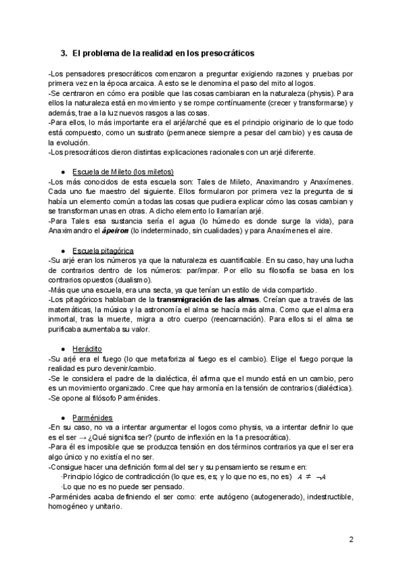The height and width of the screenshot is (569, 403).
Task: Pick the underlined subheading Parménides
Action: [x=90, y=417]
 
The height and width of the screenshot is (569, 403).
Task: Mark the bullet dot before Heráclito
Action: [x=62, y=349]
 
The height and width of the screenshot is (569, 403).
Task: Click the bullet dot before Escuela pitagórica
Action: [x=62, y=251]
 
